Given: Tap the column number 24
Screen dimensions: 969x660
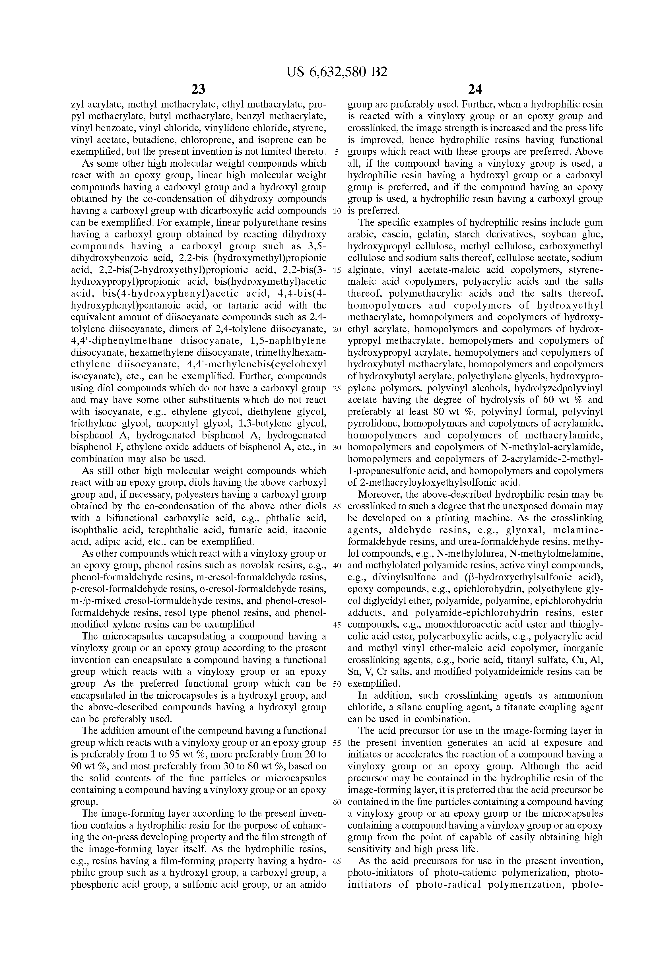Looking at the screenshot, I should coord(475,89).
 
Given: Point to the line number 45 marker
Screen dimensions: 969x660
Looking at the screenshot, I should coord(337,625).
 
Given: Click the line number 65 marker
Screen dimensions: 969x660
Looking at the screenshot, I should coord(337,861).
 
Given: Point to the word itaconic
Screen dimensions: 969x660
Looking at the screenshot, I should coord(307,530).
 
